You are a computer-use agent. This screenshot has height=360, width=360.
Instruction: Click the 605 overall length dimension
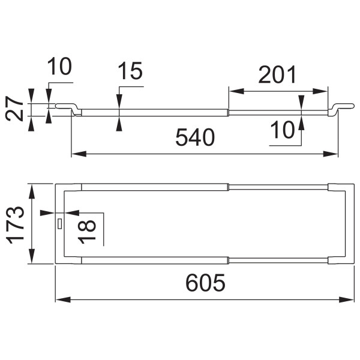click(x=205, y=283)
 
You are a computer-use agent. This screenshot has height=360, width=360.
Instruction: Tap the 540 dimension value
click(x=195, y=137)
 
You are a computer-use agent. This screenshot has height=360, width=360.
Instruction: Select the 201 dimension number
click(x=277, y=74)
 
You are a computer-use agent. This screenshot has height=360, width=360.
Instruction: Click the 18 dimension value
click(x=87, y=232)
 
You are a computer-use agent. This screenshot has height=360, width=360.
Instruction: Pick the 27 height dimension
click(x=14, y=109)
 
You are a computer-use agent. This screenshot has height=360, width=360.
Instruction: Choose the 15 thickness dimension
click(x=130, y=71)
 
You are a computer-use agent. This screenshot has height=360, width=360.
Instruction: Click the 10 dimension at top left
click(x=59, y=66)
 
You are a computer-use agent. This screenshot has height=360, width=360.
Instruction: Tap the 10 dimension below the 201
click(x=282, y=130)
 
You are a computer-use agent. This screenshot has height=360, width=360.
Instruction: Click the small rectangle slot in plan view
click(x=60, y=224)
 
